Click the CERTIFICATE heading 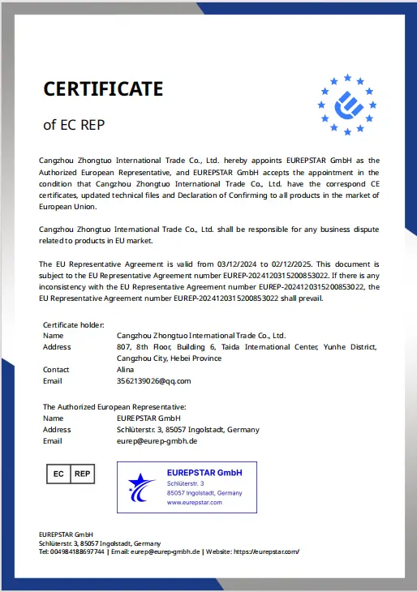pyautogui.click(x=103, y=88)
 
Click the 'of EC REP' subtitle pyautogui.click(x=74, y=125)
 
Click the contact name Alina pyautogui.click(x=126, y=369)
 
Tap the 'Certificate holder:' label pyautogui.click(x=73, y=324)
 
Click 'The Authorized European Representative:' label pyautogui.click(x=114, y=406)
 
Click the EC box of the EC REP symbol pyautogui.click(x=58, y=473)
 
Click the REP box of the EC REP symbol pyautogui.click(x=83, y=473)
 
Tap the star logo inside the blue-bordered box pyautogui.click(x=141, y=487)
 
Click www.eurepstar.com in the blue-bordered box pyautogui.click(x=194, y=503)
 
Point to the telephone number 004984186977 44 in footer pyautogui.click(x=71, y=551)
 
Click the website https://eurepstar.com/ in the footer pyautogui.click(x=266, y=551)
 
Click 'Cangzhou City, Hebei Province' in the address pyautogui.click(x=169, y=358)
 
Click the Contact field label pyautogui.click(x=55, y=369)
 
